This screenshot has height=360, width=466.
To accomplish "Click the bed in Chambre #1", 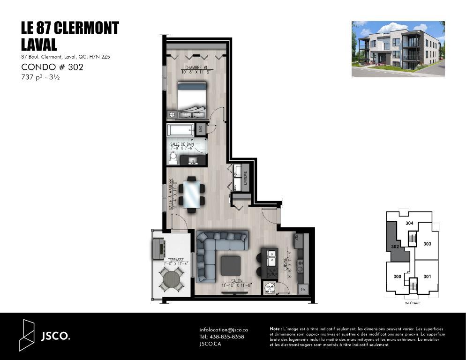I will click(x=191, y=96).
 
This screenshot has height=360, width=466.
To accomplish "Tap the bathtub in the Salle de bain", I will click(x=180, y=129).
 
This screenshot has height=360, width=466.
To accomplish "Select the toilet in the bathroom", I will click(x=173, y=157).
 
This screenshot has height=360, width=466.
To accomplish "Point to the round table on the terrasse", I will click(x=172, y=279).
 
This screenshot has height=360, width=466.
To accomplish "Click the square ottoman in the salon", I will click(x=231, y=265).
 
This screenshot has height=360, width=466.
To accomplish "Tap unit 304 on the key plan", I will click(x=409, y=224).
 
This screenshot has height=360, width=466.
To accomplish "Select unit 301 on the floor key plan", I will click(x=427, y=277).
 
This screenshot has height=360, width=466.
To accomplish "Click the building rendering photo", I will click(x=398, y=49).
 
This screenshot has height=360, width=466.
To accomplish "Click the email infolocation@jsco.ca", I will click(x=223, y=330).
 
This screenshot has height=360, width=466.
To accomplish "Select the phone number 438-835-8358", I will click(x=227, y=337).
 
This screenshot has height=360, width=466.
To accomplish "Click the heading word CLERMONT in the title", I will click(x=86, y=28).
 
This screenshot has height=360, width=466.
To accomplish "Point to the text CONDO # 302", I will click(x=52, y=67).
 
